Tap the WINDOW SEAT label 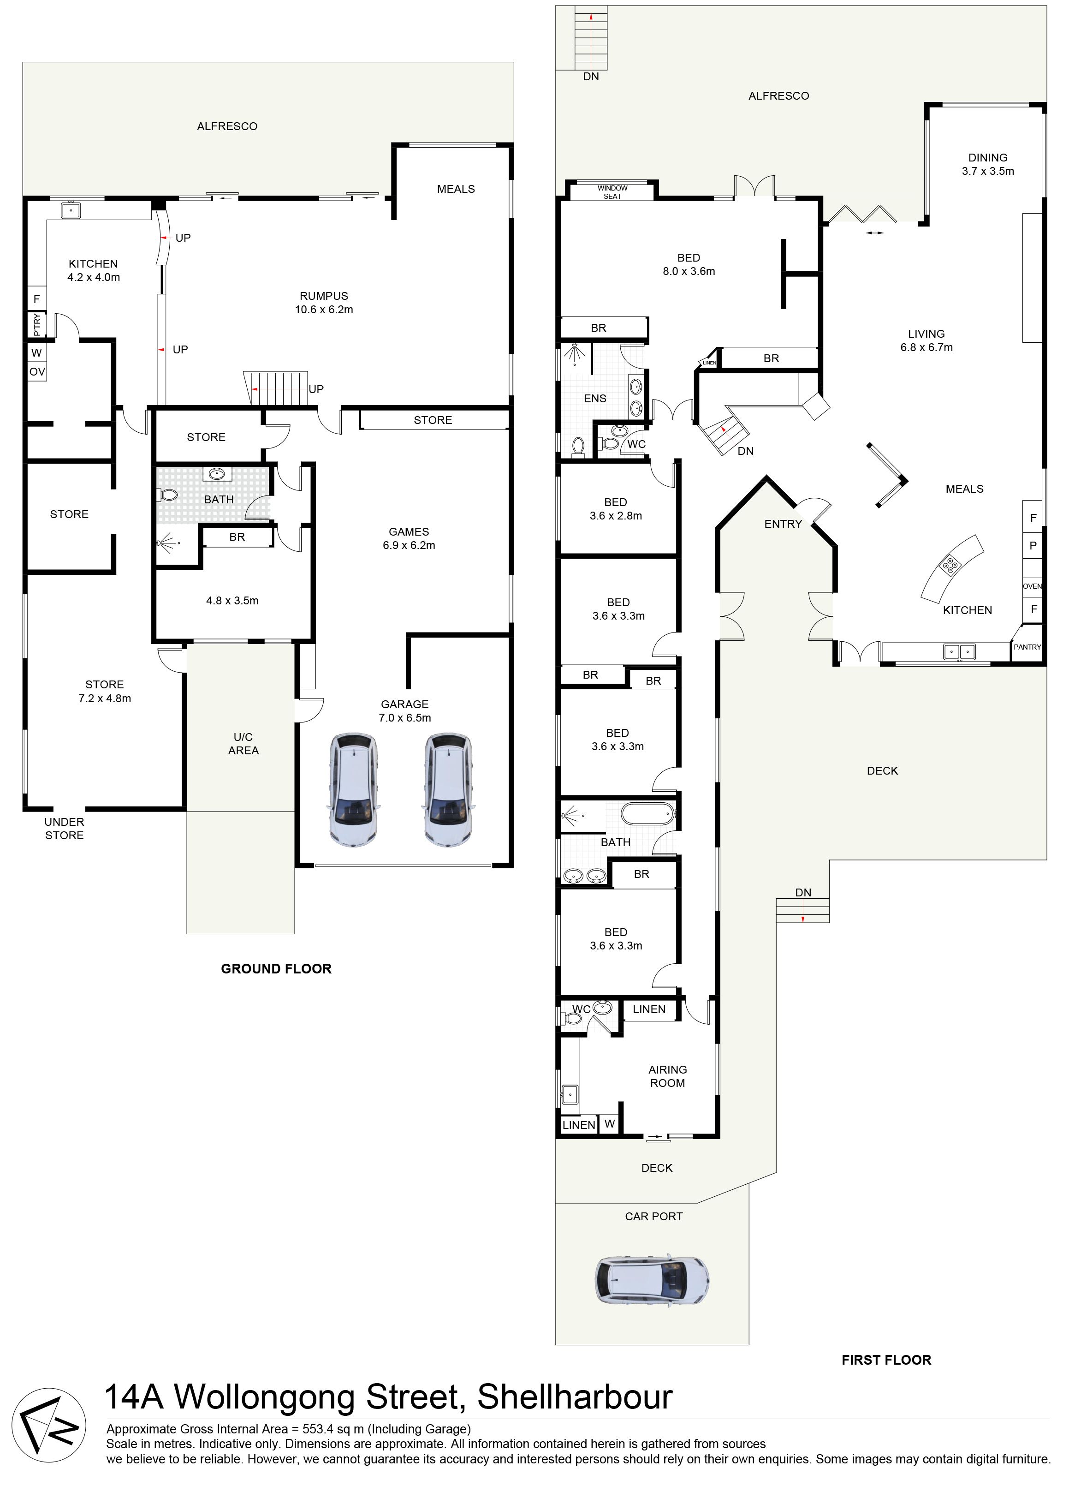click(612, 192)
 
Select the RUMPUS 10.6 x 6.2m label click(324, 303)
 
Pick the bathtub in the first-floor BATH click(647, 814)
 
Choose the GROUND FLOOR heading click(276, 969)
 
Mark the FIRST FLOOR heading click(886, 1360)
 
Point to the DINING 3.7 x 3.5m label click(988, 164)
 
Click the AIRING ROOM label click(667, 1076)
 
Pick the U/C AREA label click(243, 744)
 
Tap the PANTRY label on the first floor click(1027, 647)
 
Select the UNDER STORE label click(64, 828)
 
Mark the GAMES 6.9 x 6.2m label click(409, 538)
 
